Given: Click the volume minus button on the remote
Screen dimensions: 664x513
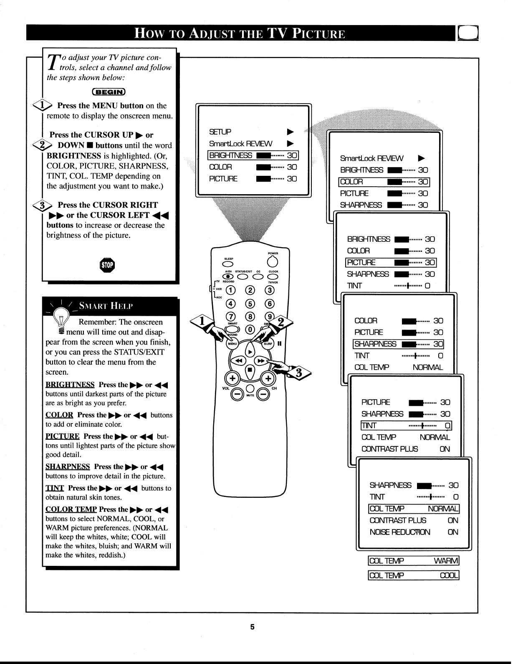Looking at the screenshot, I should pos(237,394).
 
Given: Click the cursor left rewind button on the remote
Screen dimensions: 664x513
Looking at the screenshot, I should pos(239,360).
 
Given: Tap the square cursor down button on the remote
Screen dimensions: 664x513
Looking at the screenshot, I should pos(250,370).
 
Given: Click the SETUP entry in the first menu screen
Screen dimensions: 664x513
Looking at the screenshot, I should pos(220,132).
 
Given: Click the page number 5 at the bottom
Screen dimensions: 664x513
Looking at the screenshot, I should pos(252,627).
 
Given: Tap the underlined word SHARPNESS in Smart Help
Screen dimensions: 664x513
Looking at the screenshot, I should pos(67,466).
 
